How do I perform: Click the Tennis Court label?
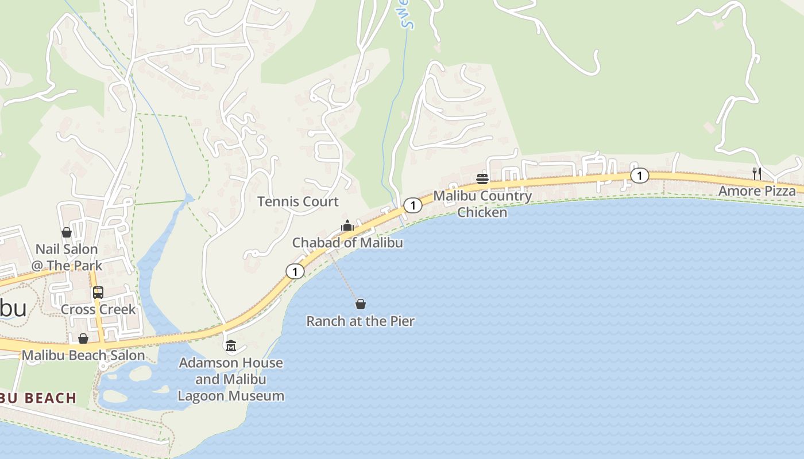point(297,201)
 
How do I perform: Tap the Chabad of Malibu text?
point(347,243)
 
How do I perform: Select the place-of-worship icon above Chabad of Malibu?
point(347,225)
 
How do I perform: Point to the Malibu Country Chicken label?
point(482,204)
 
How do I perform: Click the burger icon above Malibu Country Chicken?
point(482,179)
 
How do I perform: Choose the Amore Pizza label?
point(757,191)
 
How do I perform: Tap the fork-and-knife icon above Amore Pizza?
point(757,173)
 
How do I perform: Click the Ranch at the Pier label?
point(360,321)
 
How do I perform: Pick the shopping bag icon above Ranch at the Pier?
point(361,304)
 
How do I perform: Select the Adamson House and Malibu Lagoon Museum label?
point(231,379)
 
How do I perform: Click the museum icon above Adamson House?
point(231,345)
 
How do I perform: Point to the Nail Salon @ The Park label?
point(67,257)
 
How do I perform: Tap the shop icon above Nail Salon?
point(67,232)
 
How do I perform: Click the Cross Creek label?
point(98,309)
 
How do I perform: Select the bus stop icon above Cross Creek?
point(98,292)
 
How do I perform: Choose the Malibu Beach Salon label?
point(83,355)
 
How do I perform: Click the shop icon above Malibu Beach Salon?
point(83,339)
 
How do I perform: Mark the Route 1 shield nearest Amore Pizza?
point(639,176)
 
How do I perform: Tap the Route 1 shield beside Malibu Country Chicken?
point(412,205)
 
